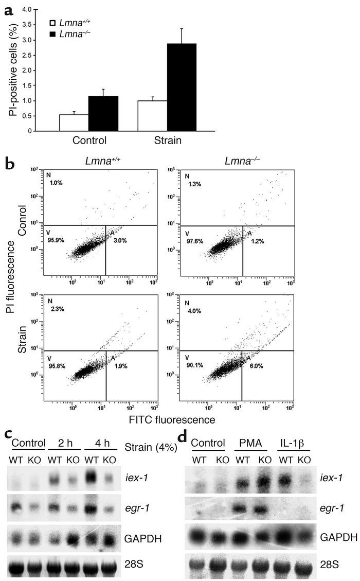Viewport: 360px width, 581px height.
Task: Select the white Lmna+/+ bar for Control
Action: [74, 122]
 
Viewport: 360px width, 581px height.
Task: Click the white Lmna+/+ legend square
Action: [51, 24]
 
